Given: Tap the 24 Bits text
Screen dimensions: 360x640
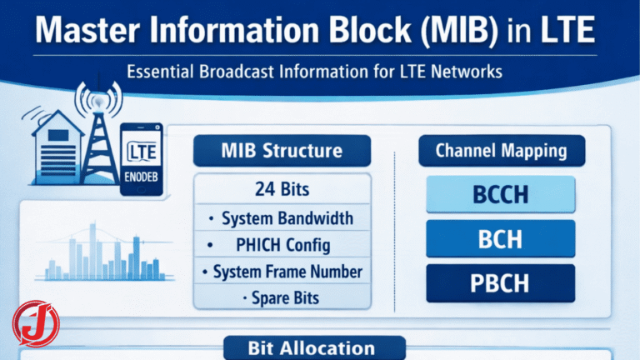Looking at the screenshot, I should [x=281, y=189].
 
